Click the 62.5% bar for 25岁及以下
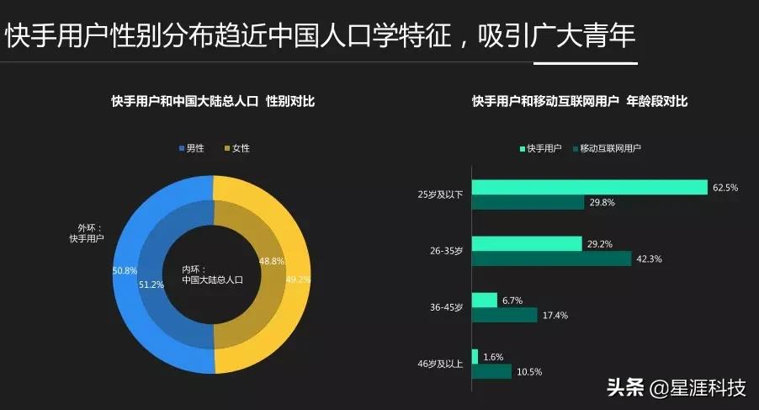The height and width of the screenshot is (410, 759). coord(589,188)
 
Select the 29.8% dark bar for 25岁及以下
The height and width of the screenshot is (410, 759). coord(528,203)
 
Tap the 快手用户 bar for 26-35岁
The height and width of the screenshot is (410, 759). coord(527,243)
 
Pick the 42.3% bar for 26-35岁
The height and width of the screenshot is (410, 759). coord(551,258)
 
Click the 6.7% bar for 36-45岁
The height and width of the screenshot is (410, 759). coord(485,300)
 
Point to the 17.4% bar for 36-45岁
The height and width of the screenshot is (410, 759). coord(504,315)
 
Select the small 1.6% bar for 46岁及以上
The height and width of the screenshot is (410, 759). coord(475,356)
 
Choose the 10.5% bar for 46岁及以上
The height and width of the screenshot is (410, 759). coord(491,371)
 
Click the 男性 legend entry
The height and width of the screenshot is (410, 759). coord(191,148)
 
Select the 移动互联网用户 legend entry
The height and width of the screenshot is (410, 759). coord(606,148)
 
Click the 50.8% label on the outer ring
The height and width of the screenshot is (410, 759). coord(124,270)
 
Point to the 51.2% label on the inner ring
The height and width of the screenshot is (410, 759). coord(151,285)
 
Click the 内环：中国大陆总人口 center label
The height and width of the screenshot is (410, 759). coord(212,274)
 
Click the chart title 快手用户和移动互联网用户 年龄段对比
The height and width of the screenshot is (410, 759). coord(580,102)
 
